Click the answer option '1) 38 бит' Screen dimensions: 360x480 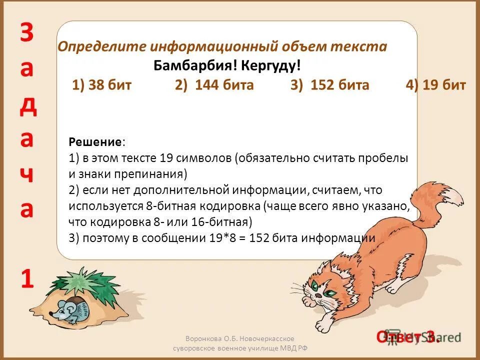101,85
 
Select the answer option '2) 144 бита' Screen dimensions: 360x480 214,85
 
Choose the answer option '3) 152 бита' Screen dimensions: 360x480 330,85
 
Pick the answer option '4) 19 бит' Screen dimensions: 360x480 436,85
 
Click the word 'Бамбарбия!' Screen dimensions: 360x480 197,66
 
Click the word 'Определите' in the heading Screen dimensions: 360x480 102,47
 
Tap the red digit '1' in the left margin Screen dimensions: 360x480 27,278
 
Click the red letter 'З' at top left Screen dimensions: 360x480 27,33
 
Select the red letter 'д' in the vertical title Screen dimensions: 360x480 28,106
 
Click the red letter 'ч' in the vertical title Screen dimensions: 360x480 27,176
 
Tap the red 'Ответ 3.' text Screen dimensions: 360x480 407,337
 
